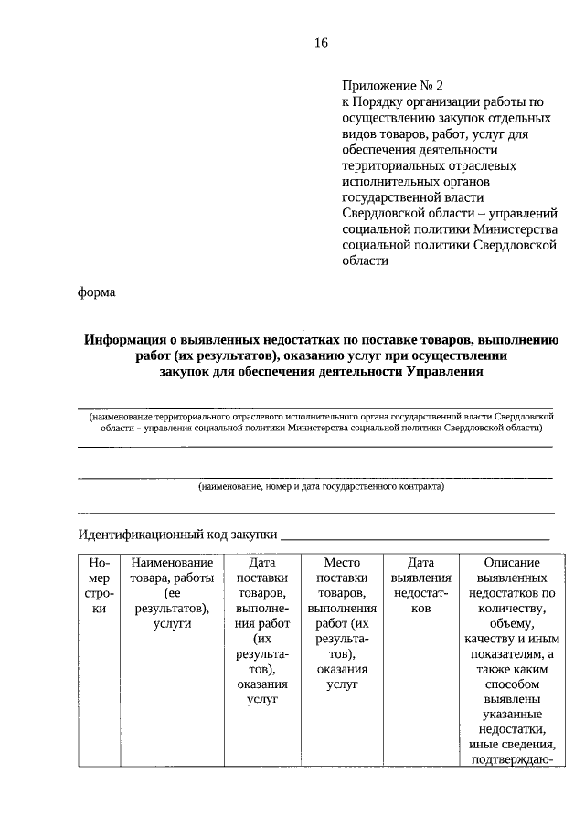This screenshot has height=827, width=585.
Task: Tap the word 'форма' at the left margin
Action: (x=96, y=292)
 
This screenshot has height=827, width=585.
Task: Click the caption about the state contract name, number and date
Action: (x=321, y=486)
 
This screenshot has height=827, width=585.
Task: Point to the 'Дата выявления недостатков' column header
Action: (x=420, y=586)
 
